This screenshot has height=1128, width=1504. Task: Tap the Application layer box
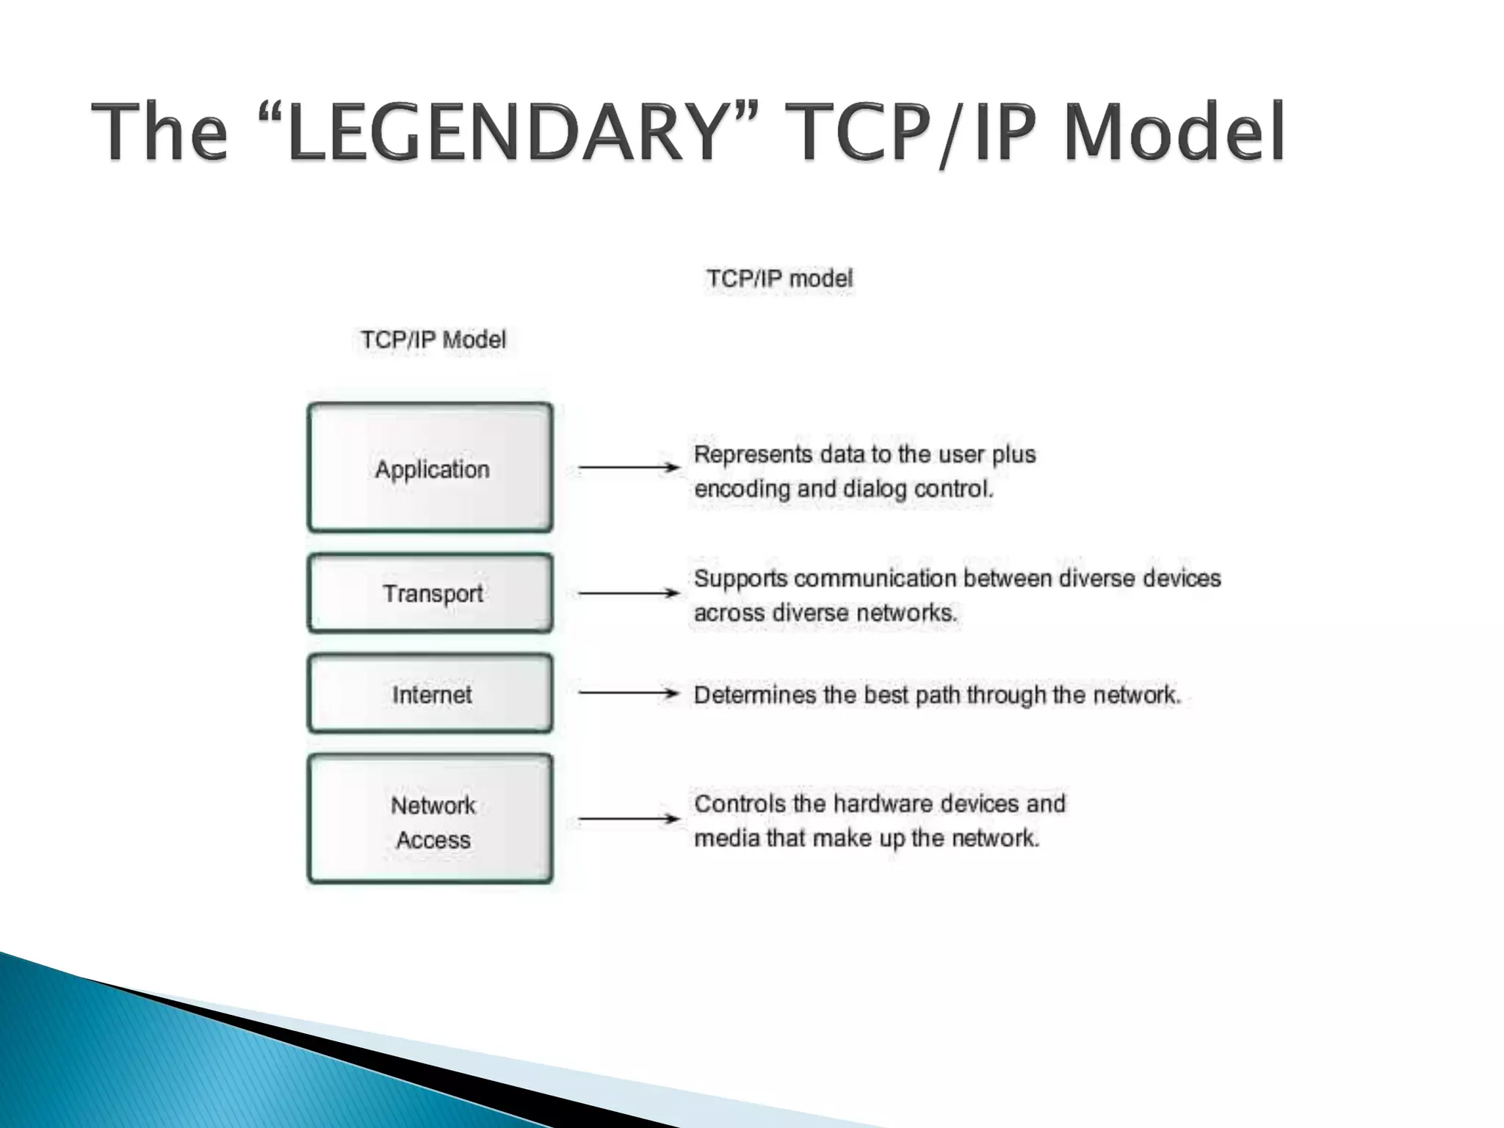[x=430, y=468]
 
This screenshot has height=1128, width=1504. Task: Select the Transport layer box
[x=430, y=593]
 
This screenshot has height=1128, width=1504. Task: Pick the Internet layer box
[x=430, y=694]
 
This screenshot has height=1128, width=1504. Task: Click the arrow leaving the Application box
[x=628, y=467]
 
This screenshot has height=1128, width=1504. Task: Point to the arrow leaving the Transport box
[x=628, y=593]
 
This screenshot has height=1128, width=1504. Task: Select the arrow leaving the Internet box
[x=628, y=693]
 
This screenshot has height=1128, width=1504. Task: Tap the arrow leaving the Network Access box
[x=628, y=818]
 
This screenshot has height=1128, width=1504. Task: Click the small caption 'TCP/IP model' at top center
[x=779, y=279]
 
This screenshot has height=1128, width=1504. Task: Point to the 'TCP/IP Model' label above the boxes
[x=433, y=340]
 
